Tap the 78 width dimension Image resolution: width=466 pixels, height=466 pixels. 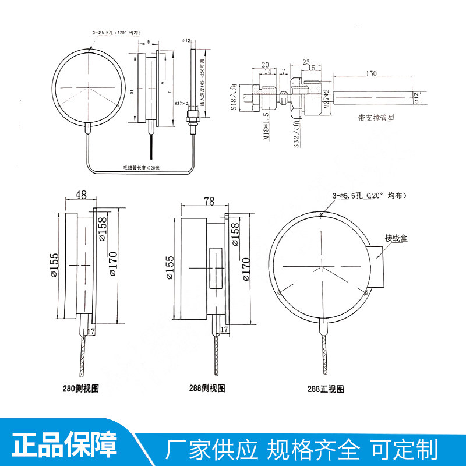click(209, 201)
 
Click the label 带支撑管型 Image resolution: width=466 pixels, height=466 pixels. click(376, 118)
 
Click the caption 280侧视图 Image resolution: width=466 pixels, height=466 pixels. click(86, 387)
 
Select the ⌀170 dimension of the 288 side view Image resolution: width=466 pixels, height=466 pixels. click(245, 268)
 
